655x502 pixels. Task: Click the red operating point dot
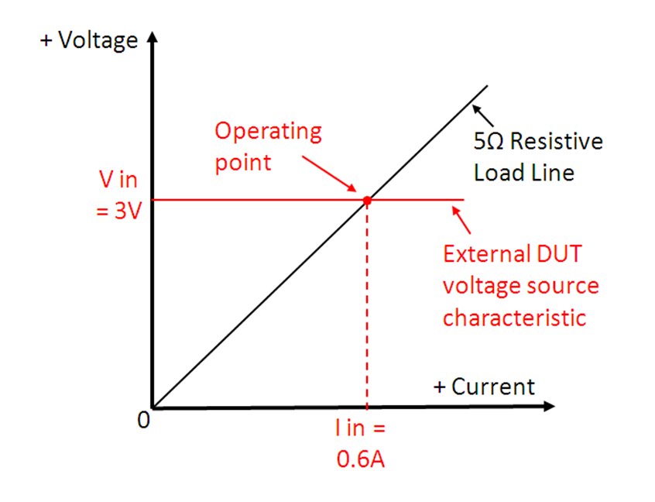coord(367,200)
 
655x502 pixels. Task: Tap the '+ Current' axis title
coord(483,387)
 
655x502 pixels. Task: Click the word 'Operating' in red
coord(267,131)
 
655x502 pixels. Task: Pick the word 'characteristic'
coord(514,318)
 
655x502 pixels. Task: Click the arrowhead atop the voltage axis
coord(153,38)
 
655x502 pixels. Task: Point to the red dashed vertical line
coord(367,310)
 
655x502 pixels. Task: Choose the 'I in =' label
coord(360,428)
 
